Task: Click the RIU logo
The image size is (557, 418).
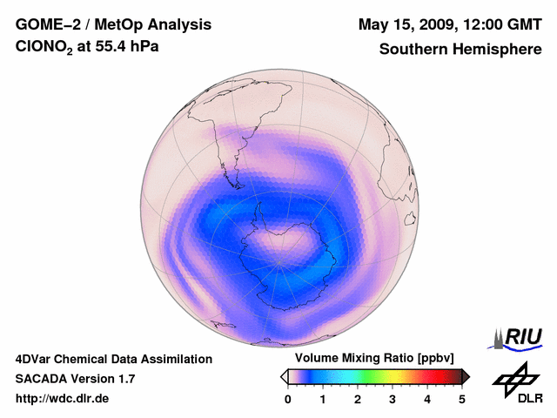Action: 519,338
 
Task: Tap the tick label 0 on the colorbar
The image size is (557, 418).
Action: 288,399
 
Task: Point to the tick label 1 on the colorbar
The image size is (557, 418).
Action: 323,399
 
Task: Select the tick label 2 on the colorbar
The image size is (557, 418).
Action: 358,399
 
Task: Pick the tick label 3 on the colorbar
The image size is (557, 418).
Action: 393,399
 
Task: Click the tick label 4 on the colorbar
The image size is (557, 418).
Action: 427,399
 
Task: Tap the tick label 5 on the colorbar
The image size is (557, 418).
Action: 462,399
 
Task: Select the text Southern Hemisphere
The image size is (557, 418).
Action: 460,50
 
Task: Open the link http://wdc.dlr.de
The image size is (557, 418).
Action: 63,399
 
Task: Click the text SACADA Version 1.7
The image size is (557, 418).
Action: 75,379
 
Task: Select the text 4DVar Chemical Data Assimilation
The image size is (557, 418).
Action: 114,359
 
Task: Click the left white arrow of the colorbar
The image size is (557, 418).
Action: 284,376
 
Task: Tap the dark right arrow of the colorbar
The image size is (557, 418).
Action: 466,376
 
